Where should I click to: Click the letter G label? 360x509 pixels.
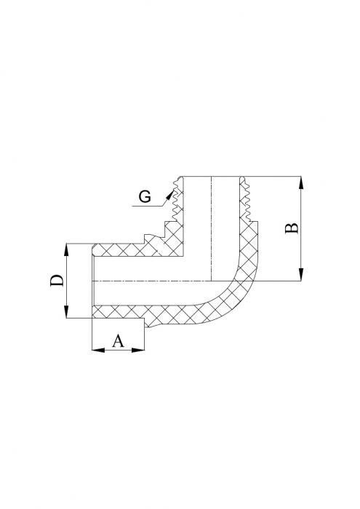[145, 197]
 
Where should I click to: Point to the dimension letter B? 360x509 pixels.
[291, 228]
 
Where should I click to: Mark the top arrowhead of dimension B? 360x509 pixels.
[301, 180]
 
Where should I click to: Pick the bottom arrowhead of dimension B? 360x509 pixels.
[301, 277]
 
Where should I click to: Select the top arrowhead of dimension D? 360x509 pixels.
[66, 247]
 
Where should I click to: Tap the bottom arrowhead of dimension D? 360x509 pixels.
[66, 314]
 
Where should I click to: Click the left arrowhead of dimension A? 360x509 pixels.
[95, 350]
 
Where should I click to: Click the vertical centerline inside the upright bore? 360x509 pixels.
[212, 225]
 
